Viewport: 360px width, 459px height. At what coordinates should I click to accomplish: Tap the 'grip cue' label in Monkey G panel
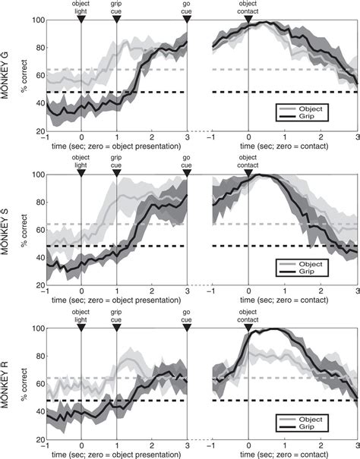tap(117, 8)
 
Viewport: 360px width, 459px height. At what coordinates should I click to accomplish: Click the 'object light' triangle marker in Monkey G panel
tap(81, 19)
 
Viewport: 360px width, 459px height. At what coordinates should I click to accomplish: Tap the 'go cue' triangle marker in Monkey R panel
tap(187, 328)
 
